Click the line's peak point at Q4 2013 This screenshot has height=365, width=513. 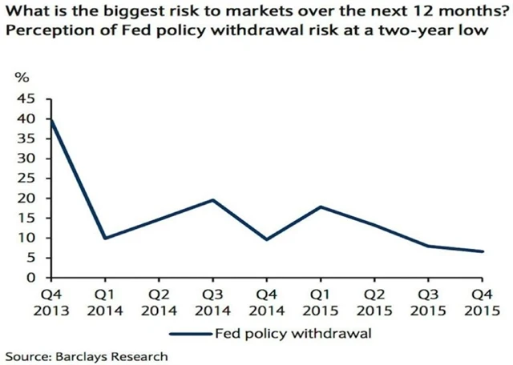(x=51, y=119)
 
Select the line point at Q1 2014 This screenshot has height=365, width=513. (x=105, y=238)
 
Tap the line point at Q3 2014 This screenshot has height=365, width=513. (x=212, y=200)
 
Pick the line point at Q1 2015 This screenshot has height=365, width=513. (x=321, y=207)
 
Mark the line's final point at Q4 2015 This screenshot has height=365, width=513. (x=483, y=251)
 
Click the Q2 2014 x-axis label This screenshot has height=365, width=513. (x=159, y=297)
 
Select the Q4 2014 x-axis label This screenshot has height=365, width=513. (x=266, y=297)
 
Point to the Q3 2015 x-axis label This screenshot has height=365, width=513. (x=428, y=297)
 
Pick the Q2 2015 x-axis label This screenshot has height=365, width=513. (x=374, y=297)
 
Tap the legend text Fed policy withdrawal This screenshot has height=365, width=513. (x=292, y=330)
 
